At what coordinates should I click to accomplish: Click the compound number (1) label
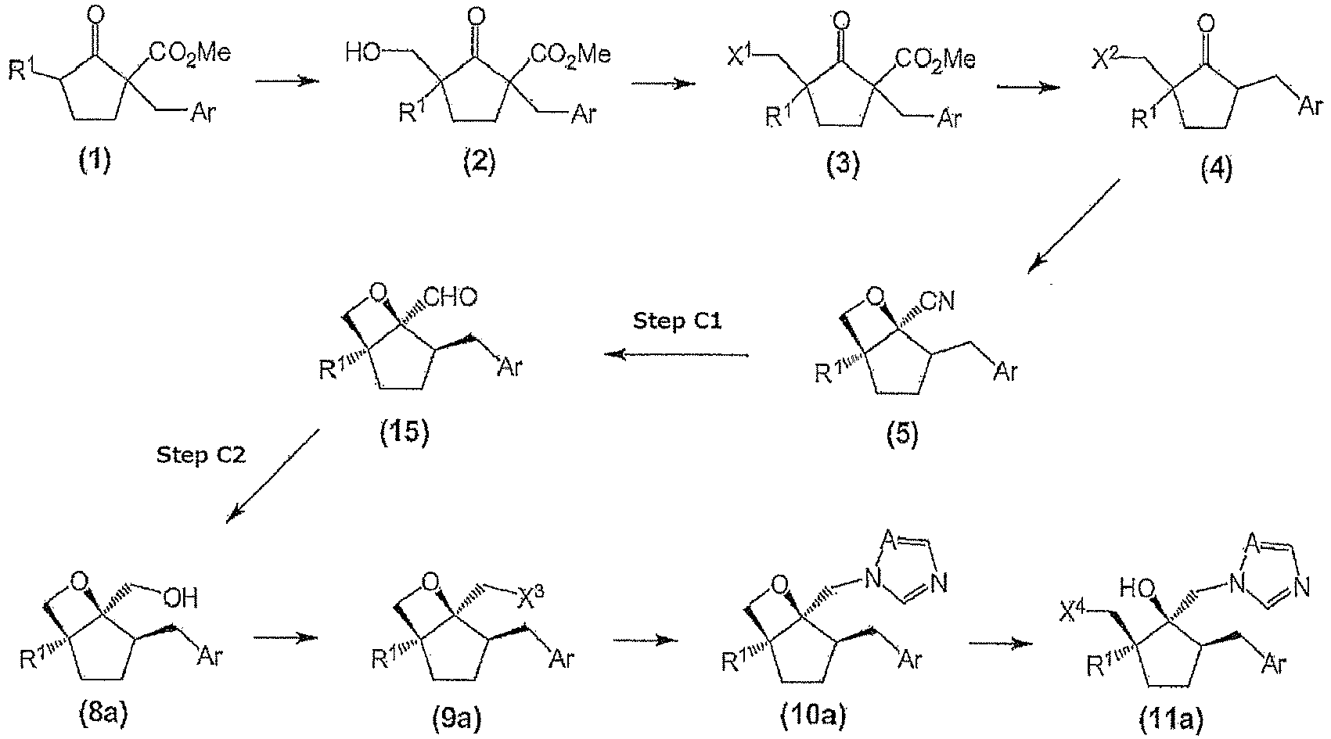(x=95, y=160)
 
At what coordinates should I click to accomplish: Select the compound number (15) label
(x=404, y=432)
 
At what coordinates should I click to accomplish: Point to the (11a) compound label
(x=1171, y=720)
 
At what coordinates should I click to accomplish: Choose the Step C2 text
(x=201, y=455)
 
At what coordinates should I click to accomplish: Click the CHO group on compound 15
(x=451, y=297)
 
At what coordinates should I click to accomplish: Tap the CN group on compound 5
(x=937, y=301)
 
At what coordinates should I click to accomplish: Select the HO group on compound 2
(x=363, y=53)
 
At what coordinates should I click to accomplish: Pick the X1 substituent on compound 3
(x=739, y=56)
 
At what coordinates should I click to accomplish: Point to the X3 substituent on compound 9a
(x=531, y=597)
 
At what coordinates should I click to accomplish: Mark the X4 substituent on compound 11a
(x=1074, y=612)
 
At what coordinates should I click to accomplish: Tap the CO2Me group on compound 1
(x=189, y=55)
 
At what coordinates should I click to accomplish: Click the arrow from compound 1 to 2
(x=287, y=81)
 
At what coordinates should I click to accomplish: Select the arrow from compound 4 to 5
(x=1074, y=226)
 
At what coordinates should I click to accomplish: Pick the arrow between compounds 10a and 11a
(x=1001, y=644)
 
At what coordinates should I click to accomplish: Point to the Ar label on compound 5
(x=1005, y=371)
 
